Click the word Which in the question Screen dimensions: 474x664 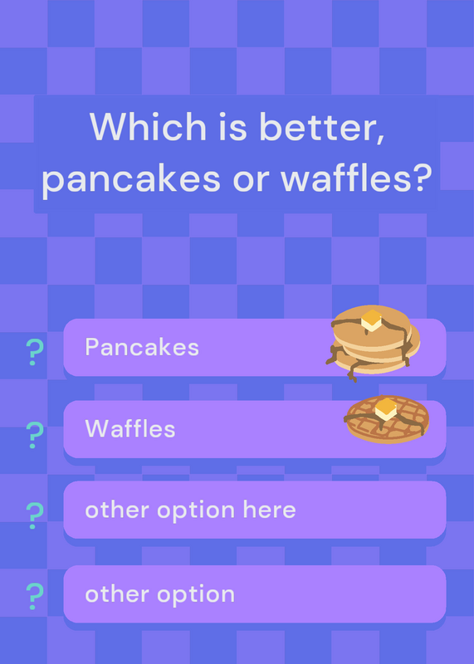pyautogui.click(x=148, y=126)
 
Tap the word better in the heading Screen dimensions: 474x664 pyautogui.click(x=322, y=128)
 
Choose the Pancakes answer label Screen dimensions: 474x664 pyautogui.click(x=142, y=347)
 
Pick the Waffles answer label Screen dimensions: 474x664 pyautogui.click(x=130, y=428)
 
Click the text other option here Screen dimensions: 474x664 pyautogui.click(x=190, y=510)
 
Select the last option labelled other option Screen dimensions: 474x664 pyautogui.click(x=159, y=595)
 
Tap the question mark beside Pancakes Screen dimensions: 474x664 pyautogui.click(x=35, y=352)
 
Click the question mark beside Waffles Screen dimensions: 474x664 pyautogui.click(x=35, y=435)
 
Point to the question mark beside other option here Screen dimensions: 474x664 pyautogui.click(x=35, y=515)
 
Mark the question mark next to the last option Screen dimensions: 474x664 pyautogui.click(x=35, y=596)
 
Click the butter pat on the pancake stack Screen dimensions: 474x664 pyautogui.click(x=372, y=320)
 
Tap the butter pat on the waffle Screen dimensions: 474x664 pyautogui.click(x=386, y=409)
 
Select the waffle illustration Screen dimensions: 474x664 pyautogui.click(x=387, y=419)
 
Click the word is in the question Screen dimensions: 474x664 pyautogui.click(x=232, y=126)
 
